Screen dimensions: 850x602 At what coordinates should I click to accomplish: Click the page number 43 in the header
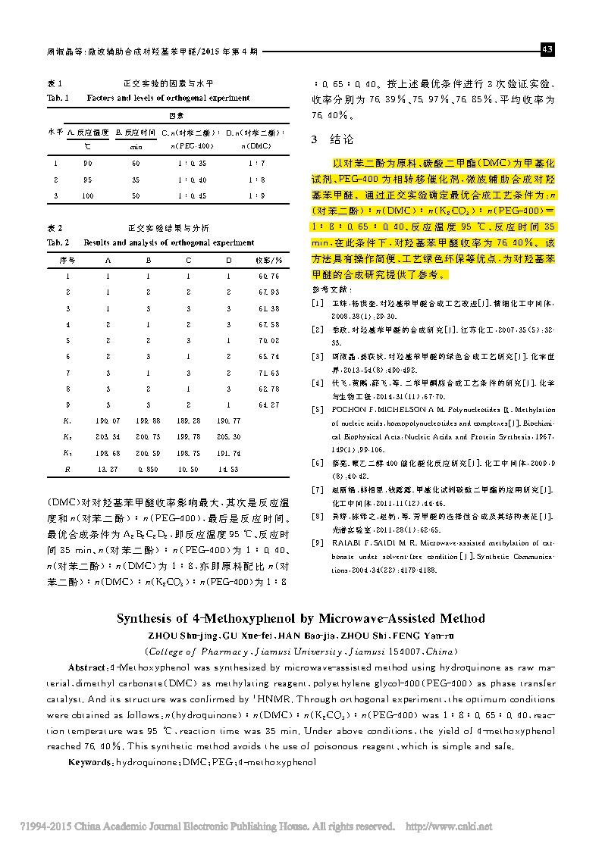[547, 50]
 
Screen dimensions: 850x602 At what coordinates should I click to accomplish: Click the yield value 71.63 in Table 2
[268, 373]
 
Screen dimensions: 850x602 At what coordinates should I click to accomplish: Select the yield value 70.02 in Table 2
[268, 340]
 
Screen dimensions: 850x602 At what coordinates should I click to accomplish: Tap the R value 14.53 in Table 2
[228, 470]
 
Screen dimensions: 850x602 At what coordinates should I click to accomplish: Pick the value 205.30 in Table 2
[228, 437]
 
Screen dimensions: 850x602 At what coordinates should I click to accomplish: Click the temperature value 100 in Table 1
[88, 196]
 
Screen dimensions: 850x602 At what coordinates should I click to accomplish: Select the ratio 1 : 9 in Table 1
[256, 196]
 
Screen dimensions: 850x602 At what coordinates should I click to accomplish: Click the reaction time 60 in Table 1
[136, 163]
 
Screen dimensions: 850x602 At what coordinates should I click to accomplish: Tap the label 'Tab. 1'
[58, 98]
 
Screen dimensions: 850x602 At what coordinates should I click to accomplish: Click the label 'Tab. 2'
[58, 242]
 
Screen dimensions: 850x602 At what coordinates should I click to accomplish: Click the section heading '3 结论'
[332, 139]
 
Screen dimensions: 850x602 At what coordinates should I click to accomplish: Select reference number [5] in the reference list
[318, 408]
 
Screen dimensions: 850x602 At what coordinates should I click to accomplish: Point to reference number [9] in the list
[318, 542]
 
